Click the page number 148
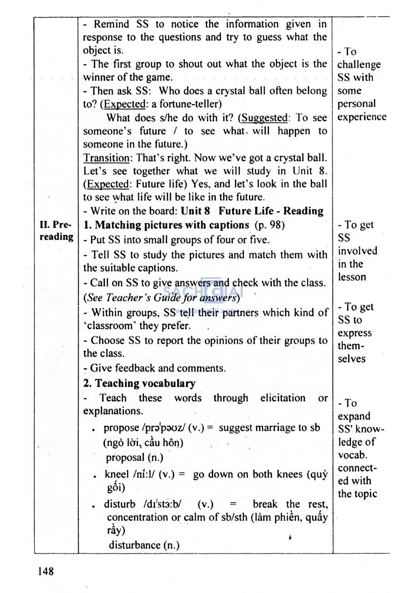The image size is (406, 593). point(46,571)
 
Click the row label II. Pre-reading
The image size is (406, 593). point(56,231)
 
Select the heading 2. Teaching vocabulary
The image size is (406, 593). point(139,383)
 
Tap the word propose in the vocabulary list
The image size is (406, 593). point(121,428)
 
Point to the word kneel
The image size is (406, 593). point(117,474)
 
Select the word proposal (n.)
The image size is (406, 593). point(134,457)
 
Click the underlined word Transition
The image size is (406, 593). point(106,158)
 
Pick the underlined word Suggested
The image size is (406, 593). point(264,118)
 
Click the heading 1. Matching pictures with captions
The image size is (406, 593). point(166,225)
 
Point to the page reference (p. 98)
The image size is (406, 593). point(270,225)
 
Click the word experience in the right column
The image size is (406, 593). point(362,117)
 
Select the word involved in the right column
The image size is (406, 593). point(358,251)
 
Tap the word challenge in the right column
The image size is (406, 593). point(359,64)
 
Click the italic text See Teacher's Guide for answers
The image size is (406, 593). point(161,297)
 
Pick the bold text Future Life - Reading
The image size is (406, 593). point(271,211)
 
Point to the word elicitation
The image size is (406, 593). point(283,398)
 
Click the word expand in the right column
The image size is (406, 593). point(354,416)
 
